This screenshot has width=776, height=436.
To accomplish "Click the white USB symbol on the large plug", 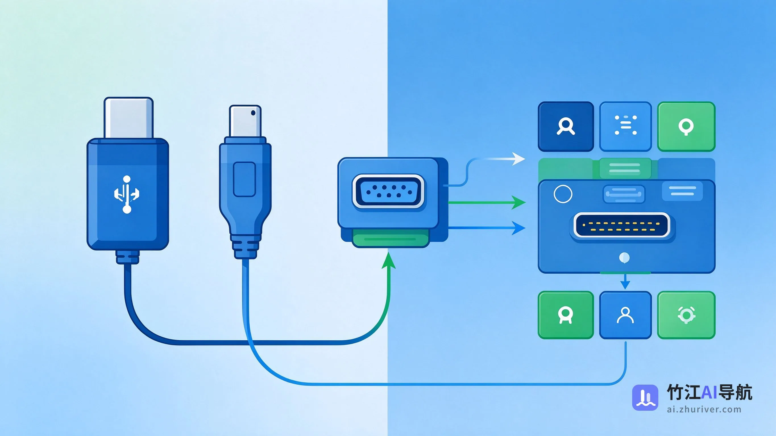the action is [127, 194].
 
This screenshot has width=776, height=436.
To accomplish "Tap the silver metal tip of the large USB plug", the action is [129, 118].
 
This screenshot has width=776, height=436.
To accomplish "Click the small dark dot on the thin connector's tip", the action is [253, 113].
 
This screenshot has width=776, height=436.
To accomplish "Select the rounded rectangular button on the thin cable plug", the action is [244, 179].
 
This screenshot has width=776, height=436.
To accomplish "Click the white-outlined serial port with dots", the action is [388, 191].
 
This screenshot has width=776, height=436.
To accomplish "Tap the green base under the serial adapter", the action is [390, 238].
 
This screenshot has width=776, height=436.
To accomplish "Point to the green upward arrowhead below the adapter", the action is [389, 260].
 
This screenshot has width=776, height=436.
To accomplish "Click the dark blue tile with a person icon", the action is [566, 127].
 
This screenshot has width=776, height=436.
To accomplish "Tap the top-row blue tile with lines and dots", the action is [625, 127].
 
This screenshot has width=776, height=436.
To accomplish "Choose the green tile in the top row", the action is [686, 127].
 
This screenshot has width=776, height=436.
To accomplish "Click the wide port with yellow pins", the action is [622, 225].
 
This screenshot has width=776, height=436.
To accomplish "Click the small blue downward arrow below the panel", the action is [625, 282].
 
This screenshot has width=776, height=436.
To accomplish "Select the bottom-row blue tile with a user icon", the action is [625, 315].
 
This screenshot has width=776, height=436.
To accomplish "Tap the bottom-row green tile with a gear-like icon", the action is [686, 315].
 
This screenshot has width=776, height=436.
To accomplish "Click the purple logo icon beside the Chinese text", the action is [645, 397].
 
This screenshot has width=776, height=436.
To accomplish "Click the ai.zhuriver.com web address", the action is [704, 410].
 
